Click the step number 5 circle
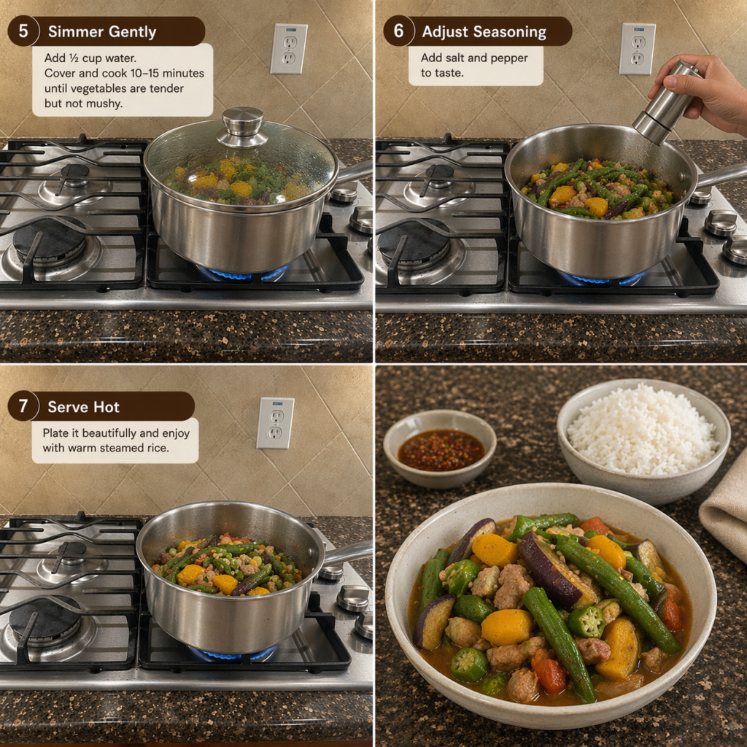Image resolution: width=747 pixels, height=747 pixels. (x=23, y=31)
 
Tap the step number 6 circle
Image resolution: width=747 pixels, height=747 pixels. (x=398, y=31)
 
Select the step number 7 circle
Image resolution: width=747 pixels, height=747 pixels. (x=23, y=406)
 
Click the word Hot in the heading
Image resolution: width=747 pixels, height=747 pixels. (x=107, y=407)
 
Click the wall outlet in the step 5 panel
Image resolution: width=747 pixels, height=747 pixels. (x=289, y=49)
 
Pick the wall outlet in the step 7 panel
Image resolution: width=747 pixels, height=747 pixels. (x=275, y=423)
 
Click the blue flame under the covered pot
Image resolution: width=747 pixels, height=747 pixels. (x=242, y=274)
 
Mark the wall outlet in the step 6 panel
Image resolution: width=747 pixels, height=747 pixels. (x=637, y=49)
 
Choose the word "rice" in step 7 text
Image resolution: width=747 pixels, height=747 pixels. (x=157, y=448)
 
